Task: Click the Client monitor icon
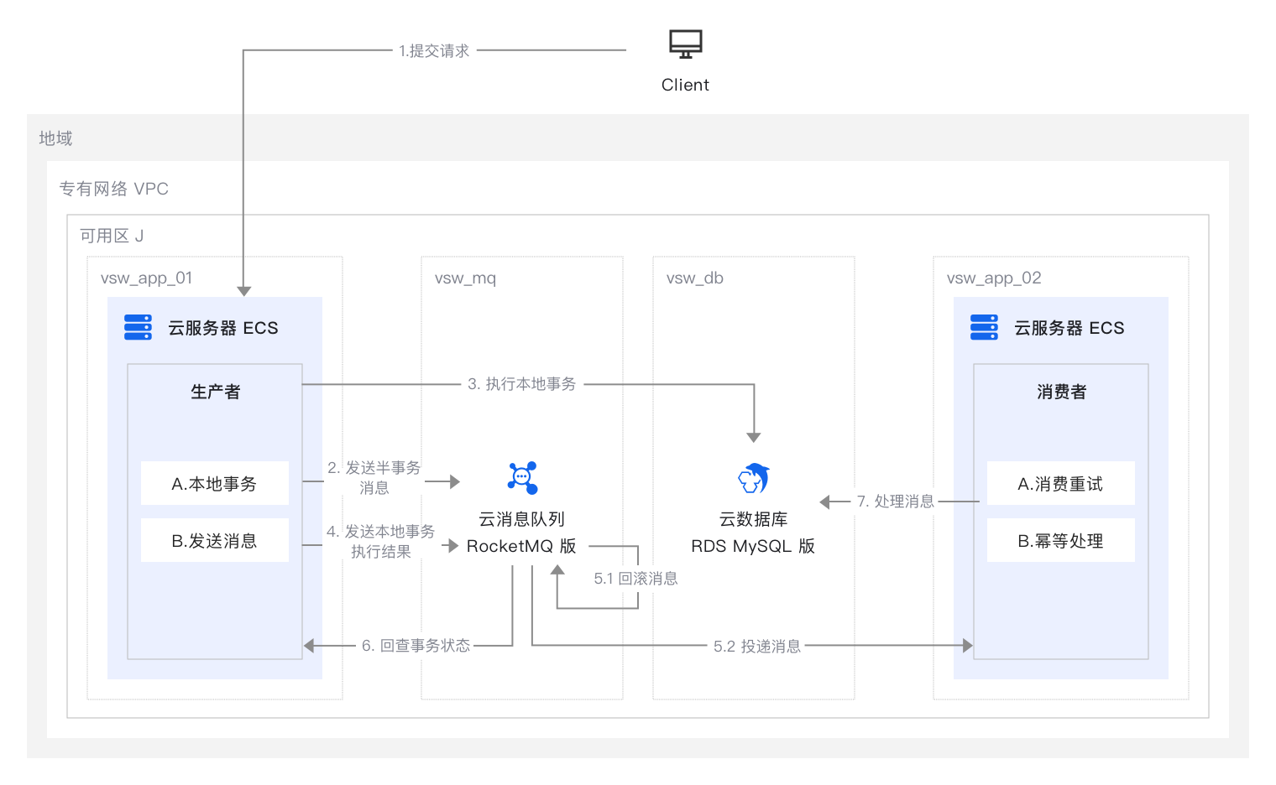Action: [x=685, y=44]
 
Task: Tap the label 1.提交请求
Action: [x=434, y=51]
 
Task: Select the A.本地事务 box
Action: [x=214, y=484]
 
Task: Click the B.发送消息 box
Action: [x=214, y=541]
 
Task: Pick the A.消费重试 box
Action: [x=1060, y=484]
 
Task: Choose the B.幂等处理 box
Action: [x=1060, y=541]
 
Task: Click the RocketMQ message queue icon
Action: [x=522, y=478]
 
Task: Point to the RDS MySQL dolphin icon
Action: [x=753, y=479]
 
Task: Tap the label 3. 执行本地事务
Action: [x=522, y=384]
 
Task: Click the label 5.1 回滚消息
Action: [x=635, y=579]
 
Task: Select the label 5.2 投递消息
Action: [x=756, y=647]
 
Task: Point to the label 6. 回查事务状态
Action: [x=416, y=646]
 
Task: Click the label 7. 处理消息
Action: [x=895, y=502]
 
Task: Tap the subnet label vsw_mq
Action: [x=465, y=278]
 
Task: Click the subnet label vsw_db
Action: [x=694, y=278]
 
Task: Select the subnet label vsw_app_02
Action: [x=994, y=278]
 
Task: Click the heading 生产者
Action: [x=215, y=392]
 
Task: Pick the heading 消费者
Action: [x=1061, y=392]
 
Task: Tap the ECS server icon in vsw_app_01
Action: [x=139, y=327]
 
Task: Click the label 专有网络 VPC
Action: [x=113, y=189]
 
